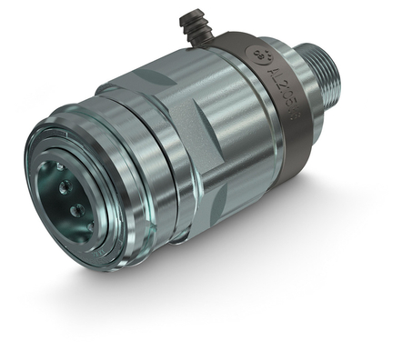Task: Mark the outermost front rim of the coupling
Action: [36, 182]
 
